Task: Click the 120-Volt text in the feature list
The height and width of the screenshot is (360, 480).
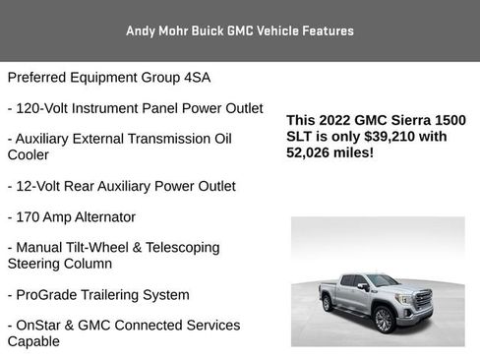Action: [50, 107]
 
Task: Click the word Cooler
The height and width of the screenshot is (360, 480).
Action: [30, 154]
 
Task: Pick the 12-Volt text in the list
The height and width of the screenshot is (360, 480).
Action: [45, 185]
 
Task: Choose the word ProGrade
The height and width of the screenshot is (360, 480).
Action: [51, 294]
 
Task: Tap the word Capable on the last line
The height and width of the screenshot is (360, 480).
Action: [33, 341]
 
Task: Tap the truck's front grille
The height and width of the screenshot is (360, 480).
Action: [425, 298]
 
